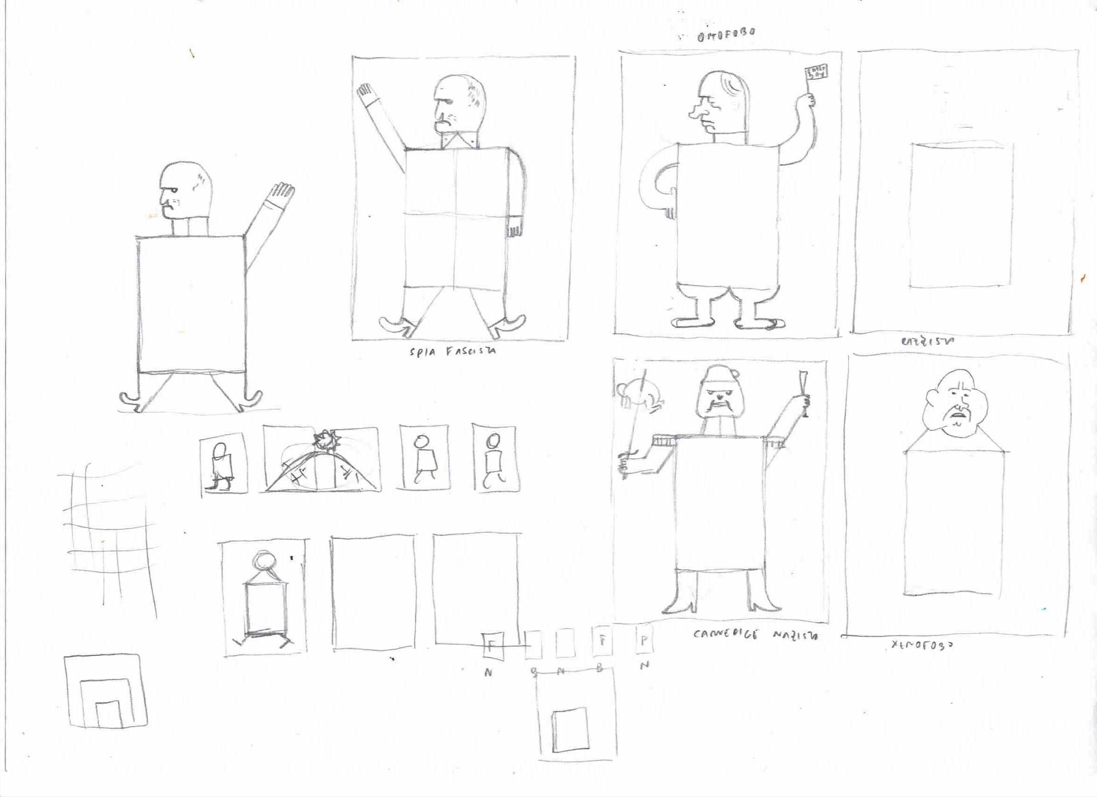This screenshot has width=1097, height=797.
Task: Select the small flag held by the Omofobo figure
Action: [817, 74]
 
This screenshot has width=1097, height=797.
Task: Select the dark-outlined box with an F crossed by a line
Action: [493, 646]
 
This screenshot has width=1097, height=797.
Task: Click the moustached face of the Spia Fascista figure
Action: [444, 116]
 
